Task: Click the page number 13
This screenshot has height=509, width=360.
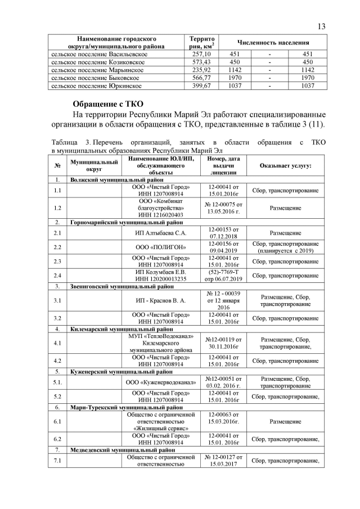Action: [x=321, y=26]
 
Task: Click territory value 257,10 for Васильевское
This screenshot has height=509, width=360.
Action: [x=201, y=53]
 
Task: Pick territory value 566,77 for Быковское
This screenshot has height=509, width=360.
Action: [x=201, y=78]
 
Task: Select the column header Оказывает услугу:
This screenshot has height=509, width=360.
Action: [x=286, y=166]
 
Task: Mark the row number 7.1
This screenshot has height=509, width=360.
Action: [x=57, y=462]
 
